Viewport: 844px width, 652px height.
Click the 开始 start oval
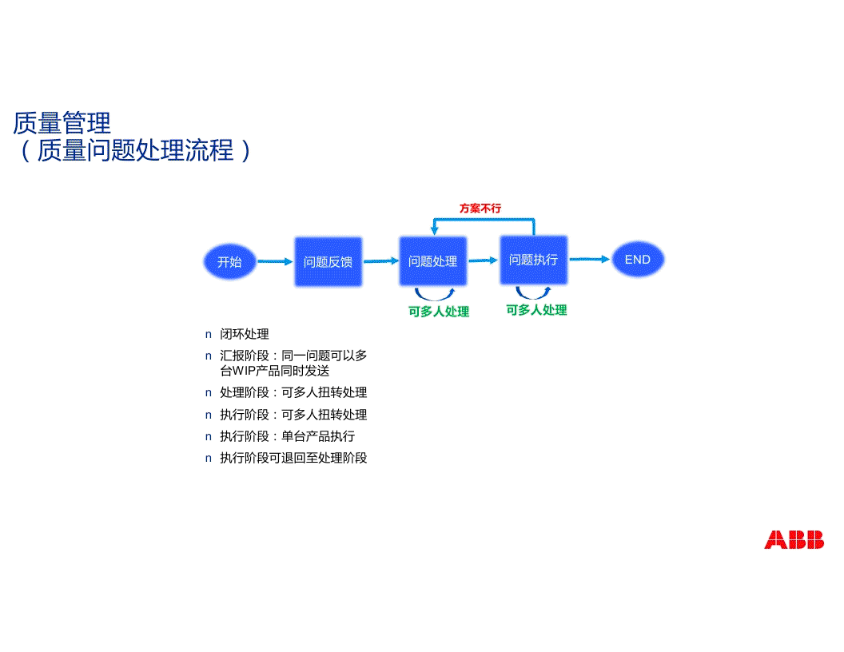pos(229,261)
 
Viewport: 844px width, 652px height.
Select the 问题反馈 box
pos(328,261)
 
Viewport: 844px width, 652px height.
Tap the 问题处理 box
pos(432,261)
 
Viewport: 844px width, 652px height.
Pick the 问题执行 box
pos(533,260)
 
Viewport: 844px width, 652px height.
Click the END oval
pos(638,260)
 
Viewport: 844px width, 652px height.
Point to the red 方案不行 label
pos(480,209)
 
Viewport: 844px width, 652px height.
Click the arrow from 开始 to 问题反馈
pos(275,261)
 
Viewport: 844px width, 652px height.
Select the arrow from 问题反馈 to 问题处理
pos(381,260)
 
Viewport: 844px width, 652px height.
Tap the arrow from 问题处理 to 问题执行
pos(483,260)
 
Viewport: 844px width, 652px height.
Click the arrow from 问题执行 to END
pos(589,259)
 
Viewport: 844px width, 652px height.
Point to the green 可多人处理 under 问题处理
pos(439,312)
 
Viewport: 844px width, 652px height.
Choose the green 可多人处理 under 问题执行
pos(536,310)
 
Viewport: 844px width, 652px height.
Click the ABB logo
pos(794,540)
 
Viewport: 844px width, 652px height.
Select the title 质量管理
pos(62,123)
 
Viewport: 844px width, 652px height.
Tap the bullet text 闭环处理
pos(245,334)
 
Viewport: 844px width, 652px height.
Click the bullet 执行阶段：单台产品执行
pos(287,436)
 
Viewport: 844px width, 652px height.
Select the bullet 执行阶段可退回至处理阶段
pos(293,458)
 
